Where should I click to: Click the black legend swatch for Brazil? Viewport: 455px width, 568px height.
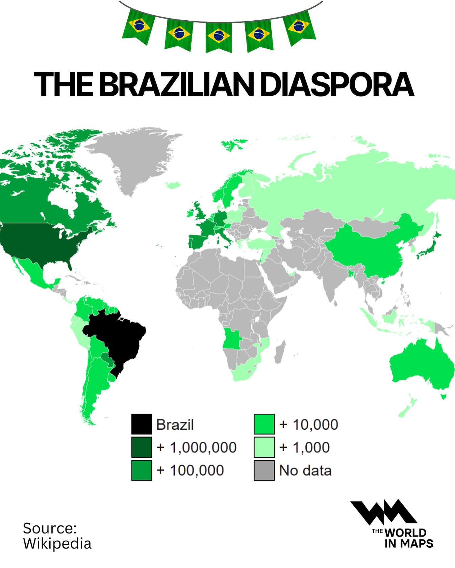click(142, 424)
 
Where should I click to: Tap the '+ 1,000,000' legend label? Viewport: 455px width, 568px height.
click(197, 447)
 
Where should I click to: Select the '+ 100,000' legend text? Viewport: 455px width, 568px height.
click(190, 470)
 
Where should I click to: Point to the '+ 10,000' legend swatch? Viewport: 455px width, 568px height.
click(264, 424)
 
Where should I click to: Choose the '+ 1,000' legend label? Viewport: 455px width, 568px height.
click(304, 447)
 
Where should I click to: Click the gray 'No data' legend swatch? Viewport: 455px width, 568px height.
click(264, 470)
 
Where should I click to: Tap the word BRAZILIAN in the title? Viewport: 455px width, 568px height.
click(176, 84)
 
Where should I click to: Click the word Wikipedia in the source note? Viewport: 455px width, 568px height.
click(57, 544)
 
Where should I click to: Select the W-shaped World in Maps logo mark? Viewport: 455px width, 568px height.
click(384, 512)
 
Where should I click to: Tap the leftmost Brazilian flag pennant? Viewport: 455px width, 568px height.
click(138, 26)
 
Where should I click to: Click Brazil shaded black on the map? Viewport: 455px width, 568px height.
click(118, 338)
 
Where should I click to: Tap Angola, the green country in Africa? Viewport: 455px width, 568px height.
click(231, 338)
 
